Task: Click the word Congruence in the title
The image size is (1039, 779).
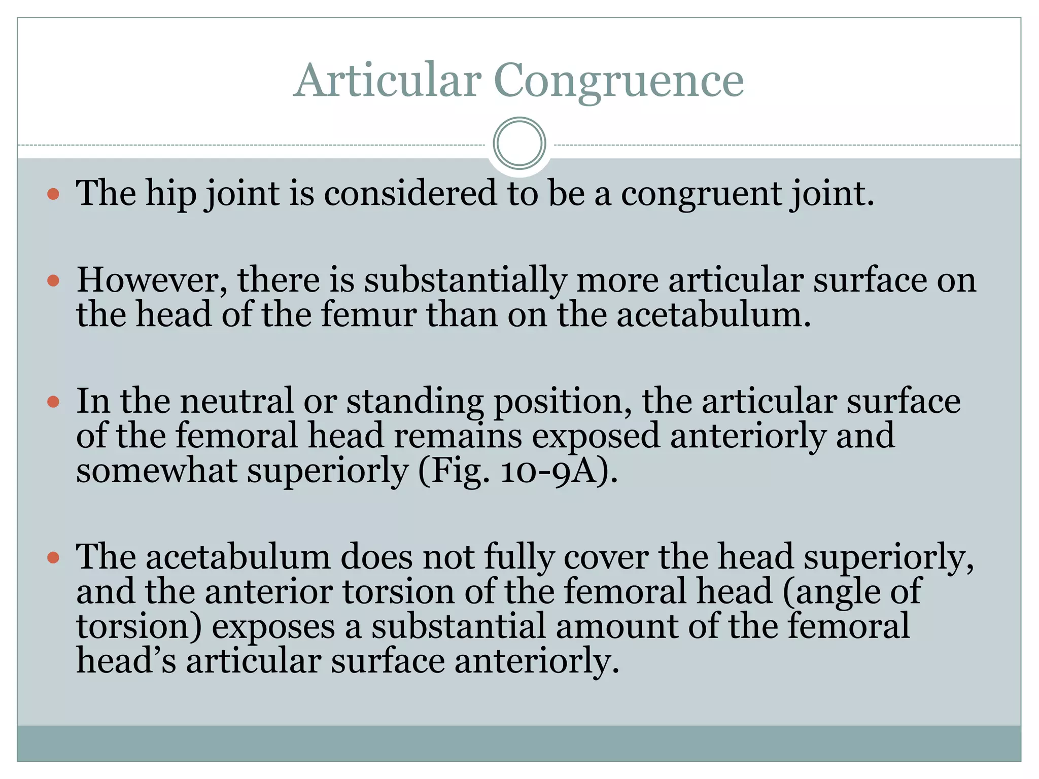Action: click(618, 81)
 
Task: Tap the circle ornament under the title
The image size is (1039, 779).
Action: click(519, 144)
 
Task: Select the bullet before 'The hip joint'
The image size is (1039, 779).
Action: click(53, 194)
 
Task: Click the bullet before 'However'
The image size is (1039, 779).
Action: click(53, 280)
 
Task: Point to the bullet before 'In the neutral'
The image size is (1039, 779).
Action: click(53, 402)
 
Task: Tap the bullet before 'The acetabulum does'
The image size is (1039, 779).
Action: click(53, 558)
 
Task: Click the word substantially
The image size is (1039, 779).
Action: click(465, 280)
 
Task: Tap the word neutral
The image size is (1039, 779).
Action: click(236, 401)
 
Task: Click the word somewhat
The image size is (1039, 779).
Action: click(156, 470)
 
